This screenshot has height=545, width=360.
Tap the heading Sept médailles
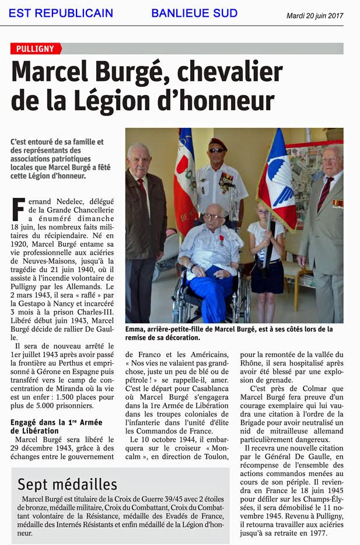[x=67, y=484]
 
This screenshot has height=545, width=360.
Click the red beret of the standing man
[x=218, y=142]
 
